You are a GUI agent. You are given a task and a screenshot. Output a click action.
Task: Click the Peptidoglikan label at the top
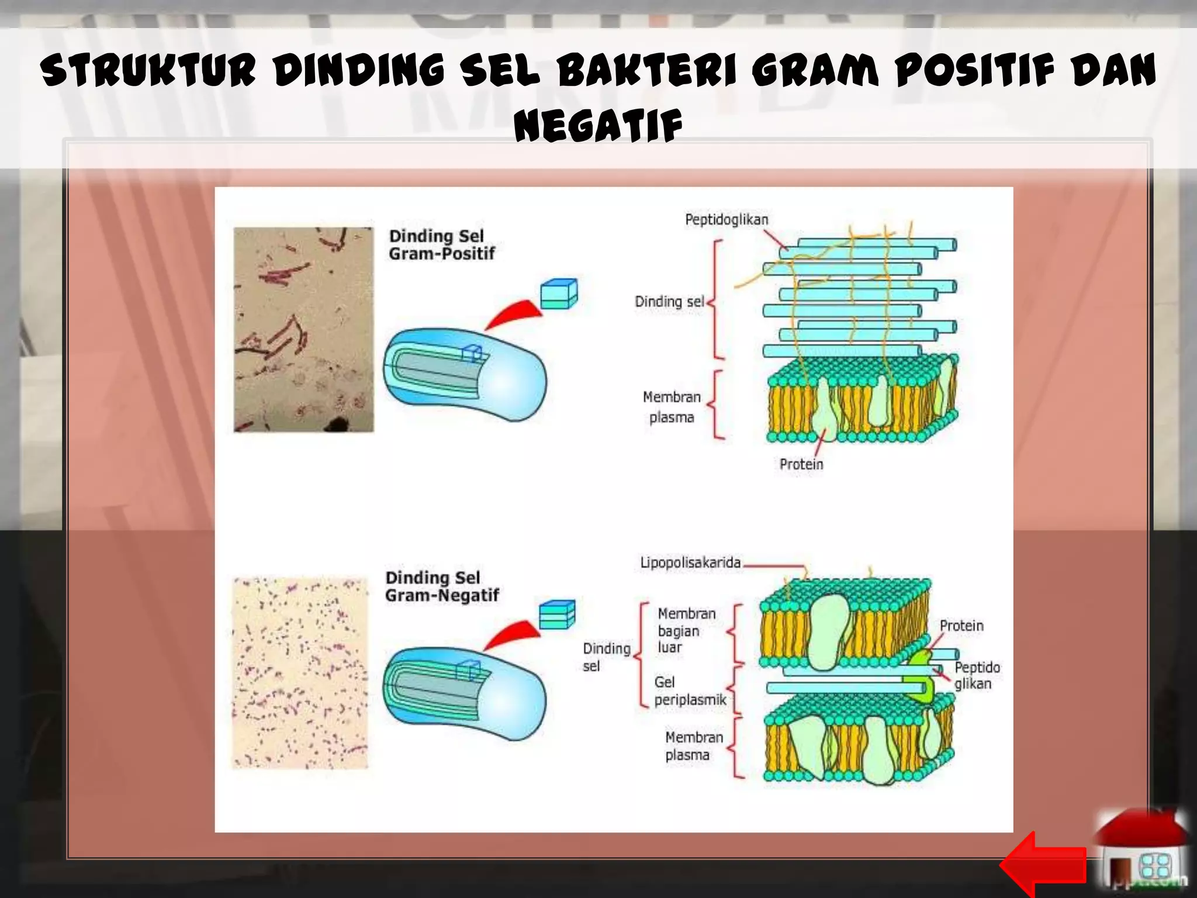pos(726,220)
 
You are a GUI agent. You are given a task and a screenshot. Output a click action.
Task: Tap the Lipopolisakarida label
pos(690,562)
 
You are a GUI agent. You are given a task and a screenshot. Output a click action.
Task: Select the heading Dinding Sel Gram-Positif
pos(441,245)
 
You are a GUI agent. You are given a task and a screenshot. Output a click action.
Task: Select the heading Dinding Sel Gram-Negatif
pos(441,586)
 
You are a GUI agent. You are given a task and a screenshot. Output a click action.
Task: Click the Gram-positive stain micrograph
pos(303,330)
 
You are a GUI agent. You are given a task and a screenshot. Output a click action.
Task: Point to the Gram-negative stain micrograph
pos(300,673)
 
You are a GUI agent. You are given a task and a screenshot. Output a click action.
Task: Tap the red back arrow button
pos(1042,864)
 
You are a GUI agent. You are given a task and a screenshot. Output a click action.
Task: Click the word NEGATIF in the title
pos(598,126)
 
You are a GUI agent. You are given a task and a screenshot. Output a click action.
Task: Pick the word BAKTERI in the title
pos(648,70)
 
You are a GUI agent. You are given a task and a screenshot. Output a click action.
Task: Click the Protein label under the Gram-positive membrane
pos(801,464)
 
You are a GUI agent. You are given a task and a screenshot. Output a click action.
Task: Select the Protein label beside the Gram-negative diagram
pos(961,626)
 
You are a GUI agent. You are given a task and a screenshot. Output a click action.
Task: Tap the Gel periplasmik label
pos(690,691)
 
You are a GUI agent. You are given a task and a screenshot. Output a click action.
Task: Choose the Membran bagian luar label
pos(686,630)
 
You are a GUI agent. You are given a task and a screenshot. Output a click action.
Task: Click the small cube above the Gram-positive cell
pos(558,293)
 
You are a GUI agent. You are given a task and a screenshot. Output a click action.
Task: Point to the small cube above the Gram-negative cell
pos(556,614)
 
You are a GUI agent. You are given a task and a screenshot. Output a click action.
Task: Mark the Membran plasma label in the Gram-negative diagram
pos(693,746)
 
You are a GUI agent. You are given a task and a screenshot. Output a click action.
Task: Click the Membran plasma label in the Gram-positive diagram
pos(672,407)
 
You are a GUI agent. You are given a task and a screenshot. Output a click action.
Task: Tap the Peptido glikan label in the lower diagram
pos(976,675)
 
